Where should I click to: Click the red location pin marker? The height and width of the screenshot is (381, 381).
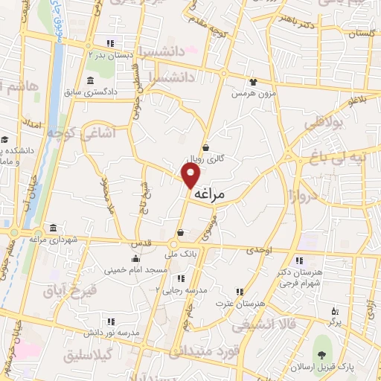[x=191, y=176]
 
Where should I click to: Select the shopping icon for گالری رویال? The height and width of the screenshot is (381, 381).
[x=205, y=147]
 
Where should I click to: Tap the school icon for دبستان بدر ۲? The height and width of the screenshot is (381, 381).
[x=110, y=42]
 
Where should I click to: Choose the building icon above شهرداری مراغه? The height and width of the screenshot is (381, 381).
[x=53, y=228]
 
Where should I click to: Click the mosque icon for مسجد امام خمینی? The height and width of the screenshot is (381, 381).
[x=135, y=259]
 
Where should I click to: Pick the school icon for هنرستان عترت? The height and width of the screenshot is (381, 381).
[x=240, y=292]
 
